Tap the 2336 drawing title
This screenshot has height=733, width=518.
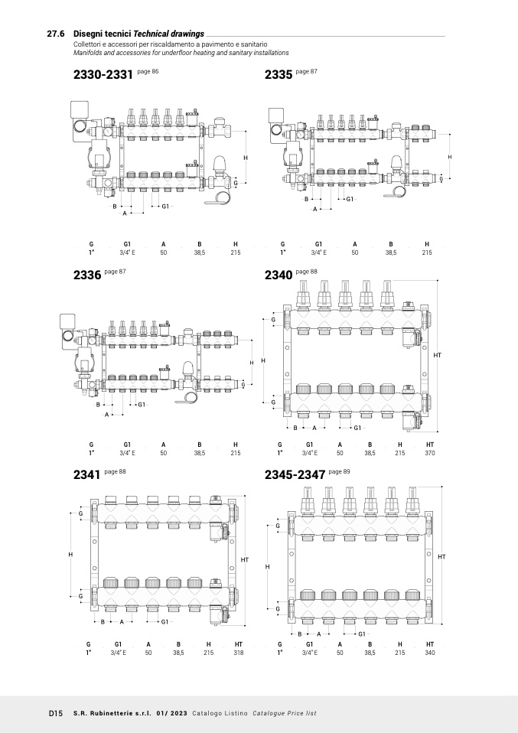tap(86, 275)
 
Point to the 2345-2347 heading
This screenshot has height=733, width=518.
tap(295, 475)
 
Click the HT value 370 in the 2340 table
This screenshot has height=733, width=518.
tap(430, 453)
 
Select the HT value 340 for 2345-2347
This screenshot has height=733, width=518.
tap(430, 653)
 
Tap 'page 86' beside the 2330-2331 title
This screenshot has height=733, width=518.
tap(148, 71)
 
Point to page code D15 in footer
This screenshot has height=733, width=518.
tap(55, 713)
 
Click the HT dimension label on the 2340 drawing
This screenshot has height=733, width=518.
tap(437, 356)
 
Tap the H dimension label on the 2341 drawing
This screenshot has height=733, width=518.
tap(70, 554)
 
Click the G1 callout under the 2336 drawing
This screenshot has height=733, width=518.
tap(141, 404)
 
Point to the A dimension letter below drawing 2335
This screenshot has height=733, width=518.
tap(314, 209)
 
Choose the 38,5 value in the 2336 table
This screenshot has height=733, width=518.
tap(200, 453)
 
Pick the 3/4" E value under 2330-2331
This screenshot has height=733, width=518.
tap(127, 252)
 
